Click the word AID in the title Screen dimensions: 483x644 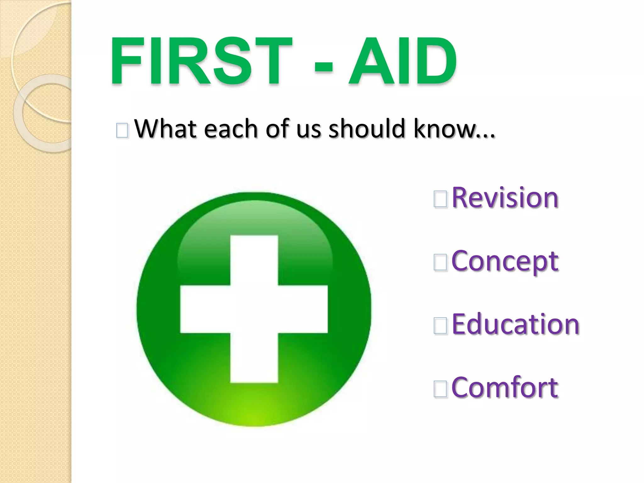pyautogui.click(x=402, y=61)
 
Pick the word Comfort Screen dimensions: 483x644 pyautogui.click(x=505, y=387)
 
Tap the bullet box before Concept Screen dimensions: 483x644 pyautogui.click(x=440, y=263)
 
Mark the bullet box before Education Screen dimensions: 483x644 pyautogui.click(x=440, y=326)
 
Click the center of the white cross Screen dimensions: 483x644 pyautogui.click(x=254, y=309)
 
